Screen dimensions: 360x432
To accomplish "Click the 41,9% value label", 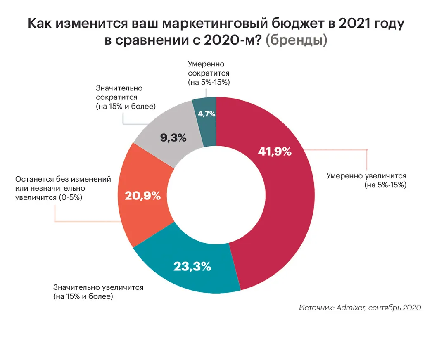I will click(x=275, y=152).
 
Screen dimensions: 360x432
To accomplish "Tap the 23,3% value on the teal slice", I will click(x=192, y=266).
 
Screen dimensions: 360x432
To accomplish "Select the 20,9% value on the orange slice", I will click(x=142, y=196).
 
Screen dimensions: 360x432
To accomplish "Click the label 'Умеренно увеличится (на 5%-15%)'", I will click(x=366, y=180).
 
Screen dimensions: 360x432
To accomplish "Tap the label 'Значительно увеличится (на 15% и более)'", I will click(x=98, y=291).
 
